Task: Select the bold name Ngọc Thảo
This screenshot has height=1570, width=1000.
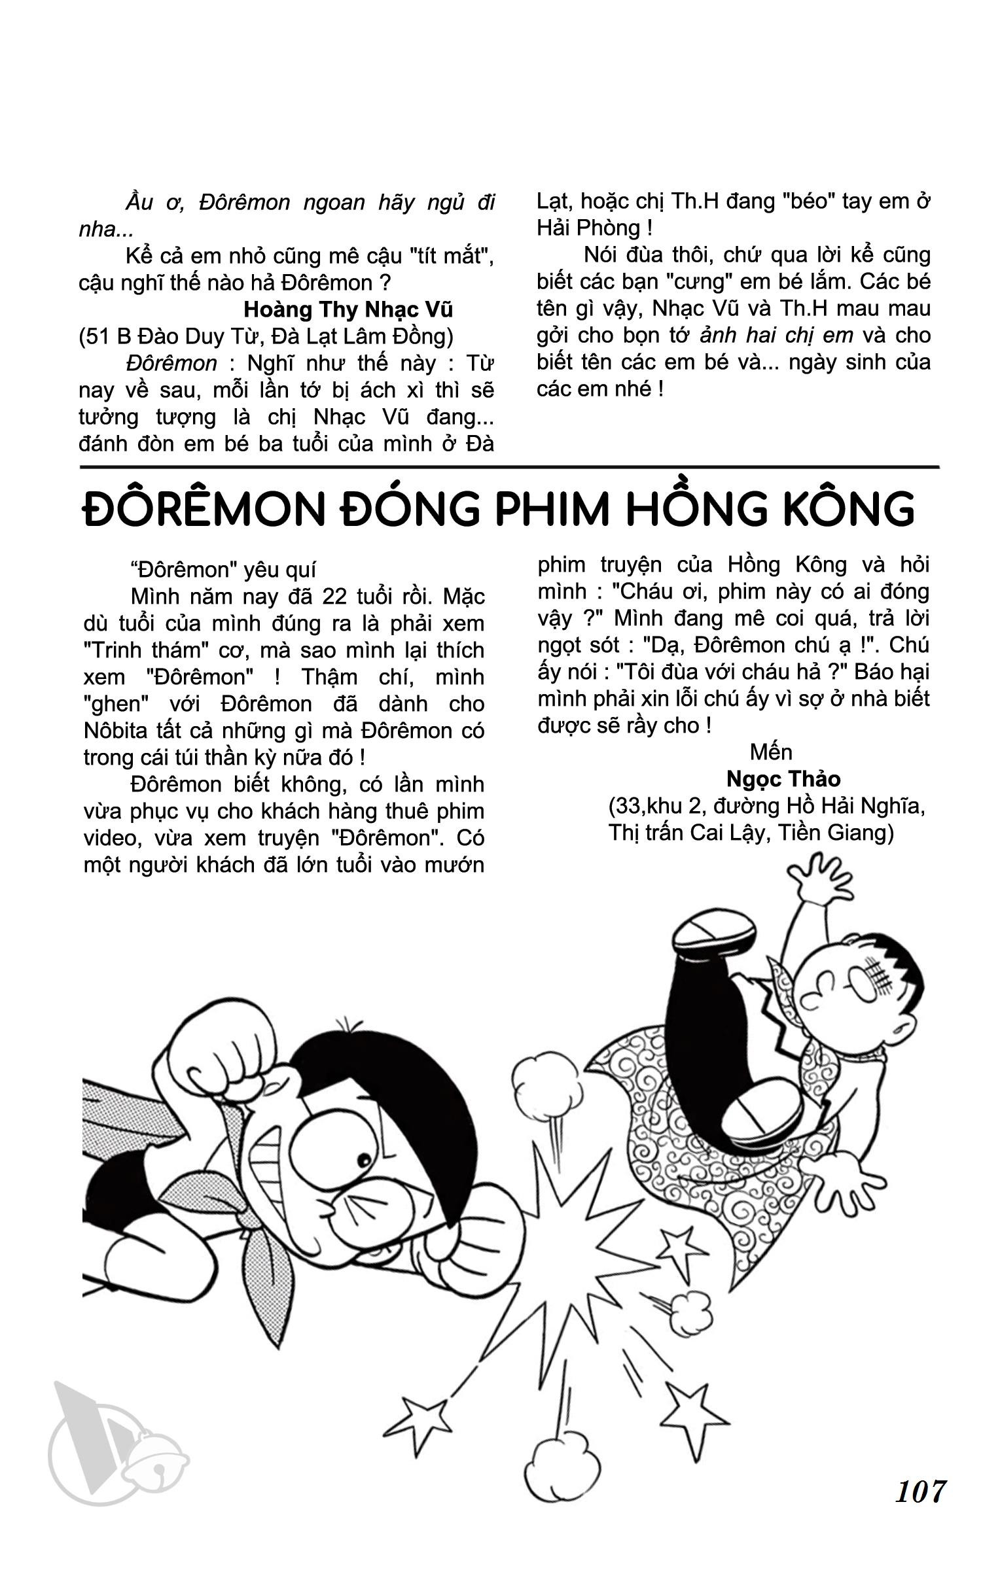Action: pos(783,779)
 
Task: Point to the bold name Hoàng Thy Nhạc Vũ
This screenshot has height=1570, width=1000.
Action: pos(348,309)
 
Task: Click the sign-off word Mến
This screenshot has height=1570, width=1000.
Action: pos(771,752)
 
